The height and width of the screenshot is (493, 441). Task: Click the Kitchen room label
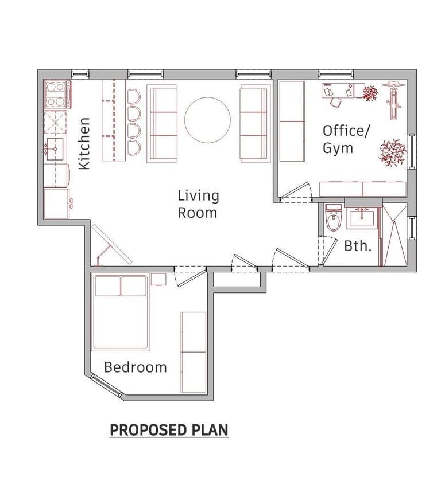tap(84, 143)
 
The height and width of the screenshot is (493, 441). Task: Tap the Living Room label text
tap(198, 205)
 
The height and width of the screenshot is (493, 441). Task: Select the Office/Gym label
tap(346, 139)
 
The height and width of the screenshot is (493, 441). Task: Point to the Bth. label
tap(358, 246)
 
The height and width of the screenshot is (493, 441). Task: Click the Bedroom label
tap(136, 367)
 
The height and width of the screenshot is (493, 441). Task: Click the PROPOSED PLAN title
tap(169, 430)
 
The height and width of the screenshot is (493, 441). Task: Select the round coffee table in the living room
tap(208, 120)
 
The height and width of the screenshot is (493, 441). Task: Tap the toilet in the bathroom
tap(334, 217)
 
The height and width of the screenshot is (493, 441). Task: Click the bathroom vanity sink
tap(362, 217)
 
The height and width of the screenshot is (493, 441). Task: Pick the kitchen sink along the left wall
tap(55, 148)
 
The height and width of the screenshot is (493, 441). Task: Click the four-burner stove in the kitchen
tap(57, 95)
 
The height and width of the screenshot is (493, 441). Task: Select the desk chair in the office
tap(335, 102)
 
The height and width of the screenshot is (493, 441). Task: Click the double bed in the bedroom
tap(121, 313)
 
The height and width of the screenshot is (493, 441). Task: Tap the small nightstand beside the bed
tap(158, 279)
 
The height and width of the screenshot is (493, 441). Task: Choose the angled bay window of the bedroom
tap(106, 385)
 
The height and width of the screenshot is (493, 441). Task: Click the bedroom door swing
tap(191, 277)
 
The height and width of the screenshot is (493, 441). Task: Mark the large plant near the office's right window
tap(392, 153)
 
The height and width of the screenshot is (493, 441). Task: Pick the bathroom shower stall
tap(394, 234)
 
